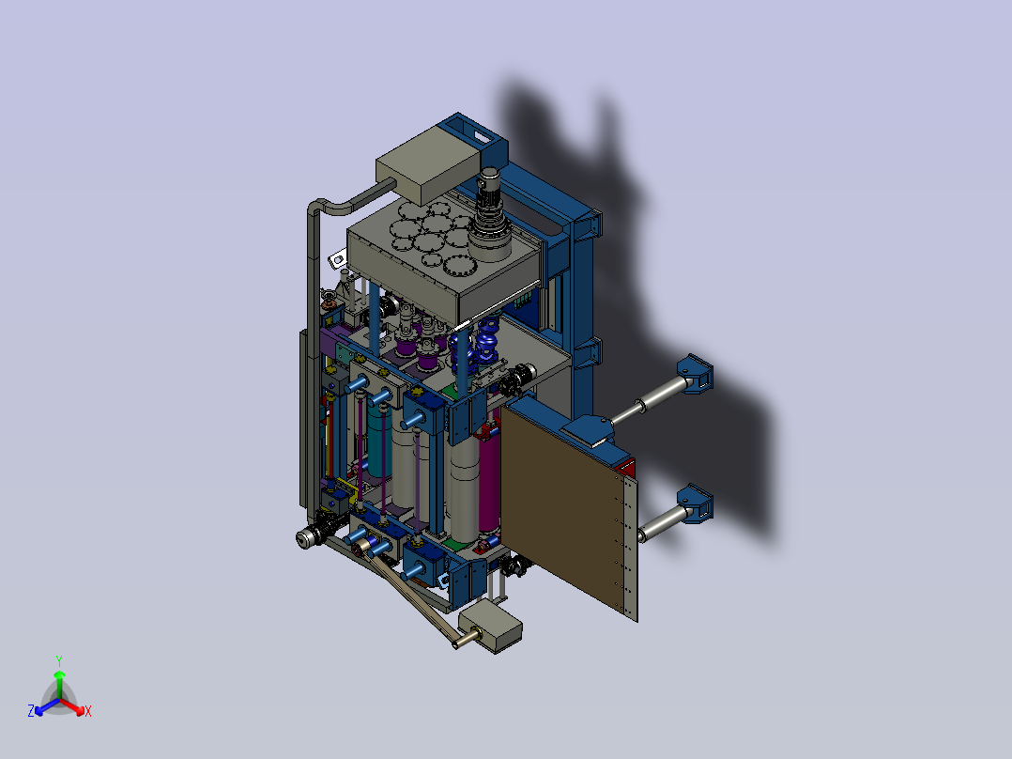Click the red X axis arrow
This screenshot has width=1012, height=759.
pyautogui.click(x=73, y=706)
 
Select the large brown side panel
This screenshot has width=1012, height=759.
pyautogui.click(x=567, y=510)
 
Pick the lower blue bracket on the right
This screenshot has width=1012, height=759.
pyautogui.click(x=695, y=503)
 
